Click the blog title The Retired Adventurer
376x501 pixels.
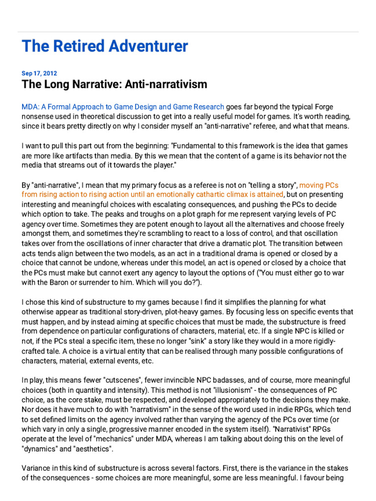coord(105,46)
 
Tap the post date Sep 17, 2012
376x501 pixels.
coord(39,73)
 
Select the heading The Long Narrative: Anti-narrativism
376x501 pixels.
coord(114,84)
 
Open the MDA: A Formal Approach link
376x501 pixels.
coord(123,107)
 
